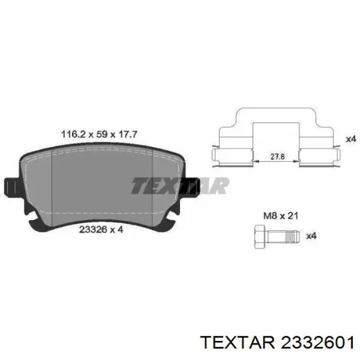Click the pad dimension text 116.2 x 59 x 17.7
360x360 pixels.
coord(99,134)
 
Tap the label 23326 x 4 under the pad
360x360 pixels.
coord(101,229)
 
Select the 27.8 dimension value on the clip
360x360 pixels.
coord(277,156)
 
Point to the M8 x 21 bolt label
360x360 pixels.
coord(281,215)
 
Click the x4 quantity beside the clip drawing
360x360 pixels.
coord(351,139)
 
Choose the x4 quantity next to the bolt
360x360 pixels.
coord(312,236)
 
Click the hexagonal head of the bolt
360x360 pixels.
coord(260,237)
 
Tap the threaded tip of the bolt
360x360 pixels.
coord(292,236)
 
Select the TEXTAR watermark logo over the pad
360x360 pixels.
coord(180,186)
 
